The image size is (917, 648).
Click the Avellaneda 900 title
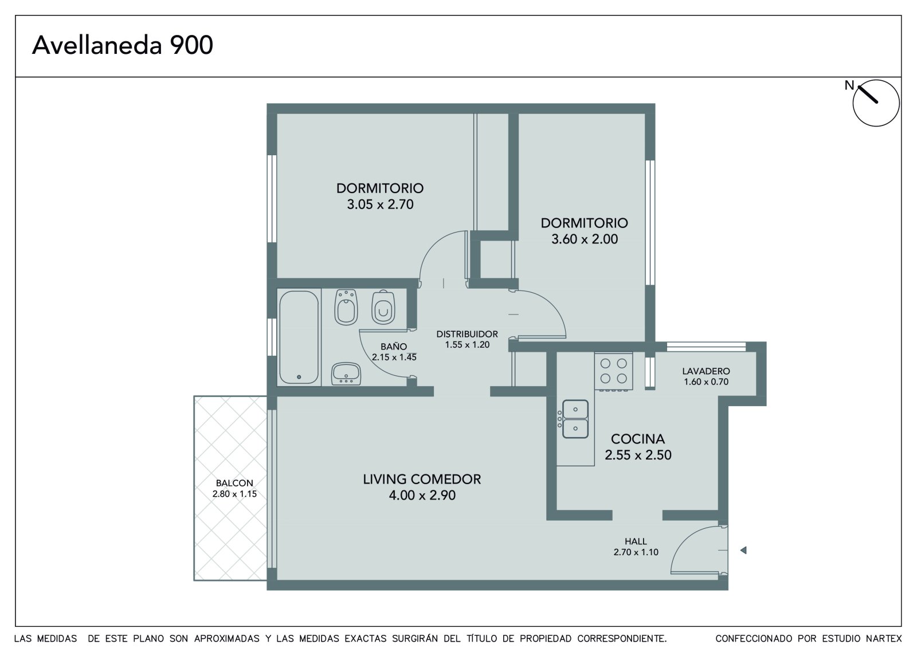[123, 45]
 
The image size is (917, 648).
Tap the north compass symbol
[876, 103]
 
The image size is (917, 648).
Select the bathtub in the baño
[299, 337]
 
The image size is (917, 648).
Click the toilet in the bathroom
[383, 308]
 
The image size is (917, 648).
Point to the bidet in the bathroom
[346, 307]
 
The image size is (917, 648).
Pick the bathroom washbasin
[346, 374]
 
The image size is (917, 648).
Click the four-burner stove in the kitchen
[613, 371]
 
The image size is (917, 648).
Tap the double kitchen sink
[575, 419]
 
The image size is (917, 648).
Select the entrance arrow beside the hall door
[743, 551]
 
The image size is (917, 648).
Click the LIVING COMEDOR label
[422, 479]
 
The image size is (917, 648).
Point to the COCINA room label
[638, 439]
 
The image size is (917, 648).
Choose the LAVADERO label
[706, 371]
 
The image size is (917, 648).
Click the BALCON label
[234, 483]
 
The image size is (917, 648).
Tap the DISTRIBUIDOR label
[467, 334]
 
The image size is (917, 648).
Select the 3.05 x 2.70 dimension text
[381, 205]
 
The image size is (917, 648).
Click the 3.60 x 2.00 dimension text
[585, 239]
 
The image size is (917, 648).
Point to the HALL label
[636, 541]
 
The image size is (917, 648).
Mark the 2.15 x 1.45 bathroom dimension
[394, 358]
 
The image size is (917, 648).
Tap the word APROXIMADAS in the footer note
[227, 639]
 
